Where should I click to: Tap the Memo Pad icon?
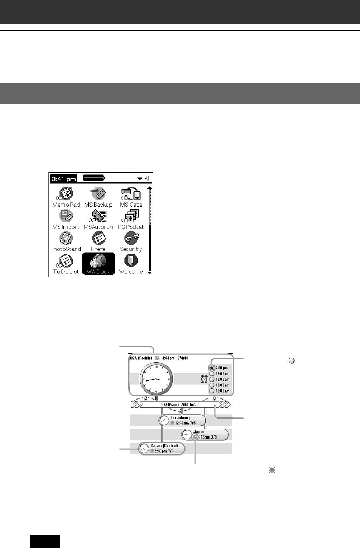(66, 194)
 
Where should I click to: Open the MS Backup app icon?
(98, 194)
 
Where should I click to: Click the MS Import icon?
(66, 217)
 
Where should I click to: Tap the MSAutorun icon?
(98, 217)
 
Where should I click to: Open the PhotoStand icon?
(66, 239)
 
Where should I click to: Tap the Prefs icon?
(98, 239)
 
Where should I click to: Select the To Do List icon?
(66, 262)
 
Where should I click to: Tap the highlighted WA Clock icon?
(98, 262)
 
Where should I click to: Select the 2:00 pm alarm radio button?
(212, 368)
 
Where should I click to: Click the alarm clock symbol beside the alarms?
(204, 379)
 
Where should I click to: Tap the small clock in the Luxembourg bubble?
(165, 421)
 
